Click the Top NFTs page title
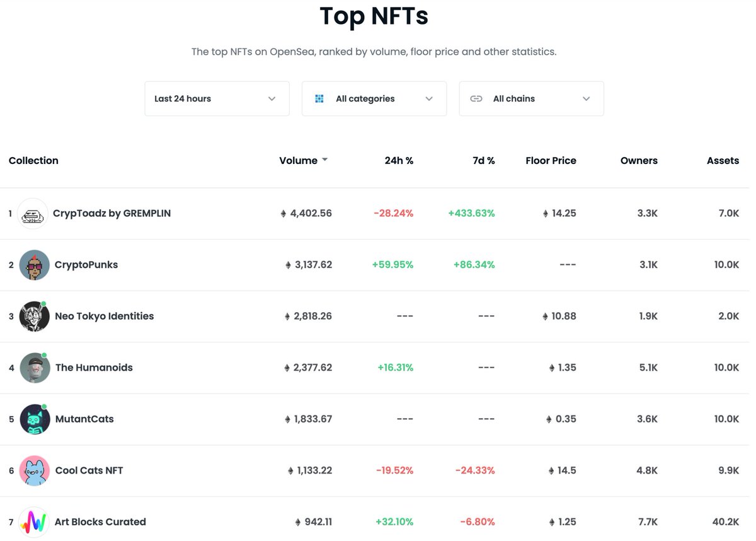[x=374, y=16]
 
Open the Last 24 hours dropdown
[x=217, y=98]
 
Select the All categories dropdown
[x=374, y=98]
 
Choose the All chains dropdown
[x=531, y=98]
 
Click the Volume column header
[x=299, y=161]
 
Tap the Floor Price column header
[x=551, y=161]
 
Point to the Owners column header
[x=639, y=161]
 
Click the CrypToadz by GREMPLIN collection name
[x=112, y=213]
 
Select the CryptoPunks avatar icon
[x=34, y=265]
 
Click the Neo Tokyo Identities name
[x=104, y=316]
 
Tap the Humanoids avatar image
[x=34, y=368]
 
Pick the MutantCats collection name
[x=84, y=419]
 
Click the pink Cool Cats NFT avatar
[x=34, y=470]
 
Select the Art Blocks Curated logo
[x=34, y=521]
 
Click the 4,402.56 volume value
[x=311, y=213]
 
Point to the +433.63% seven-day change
[x=471, y=213]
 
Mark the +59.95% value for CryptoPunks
[x=392, y=265]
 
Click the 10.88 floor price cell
[x=563, y=316]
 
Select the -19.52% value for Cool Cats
[x=394, y=470]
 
